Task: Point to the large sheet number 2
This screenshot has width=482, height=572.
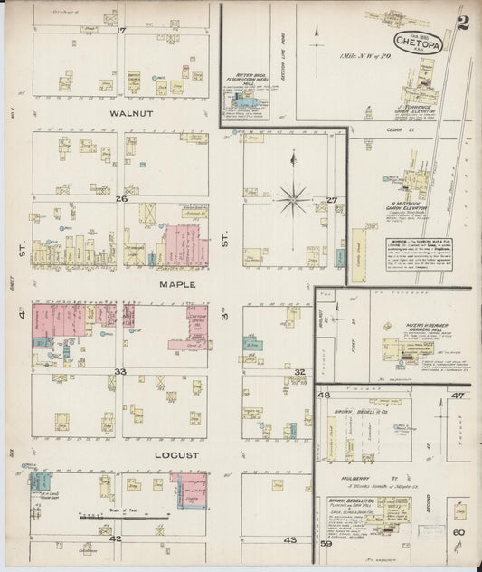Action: (x=462, y=24)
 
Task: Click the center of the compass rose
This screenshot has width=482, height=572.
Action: (x=293, y=198)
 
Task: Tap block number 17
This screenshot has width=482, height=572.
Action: (x=120, y=31)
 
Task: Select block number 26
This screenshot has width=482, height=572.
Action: (x=120, y=198)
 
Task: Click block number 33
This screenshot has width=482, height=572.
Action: (x=120, y=371)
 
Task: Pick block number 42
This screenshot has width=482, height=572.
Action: (x=115, y=539)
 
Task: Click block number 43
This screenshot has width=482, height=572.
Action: (x=289, y=539)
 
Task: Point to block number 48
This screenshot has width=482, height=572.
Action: (x=324, y=396)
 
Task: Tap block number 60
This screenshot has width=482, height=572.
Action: (x=458, y=532)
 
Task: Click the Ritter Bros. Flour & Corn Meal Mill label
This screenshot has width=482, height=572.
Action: (x=246, y=81)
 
